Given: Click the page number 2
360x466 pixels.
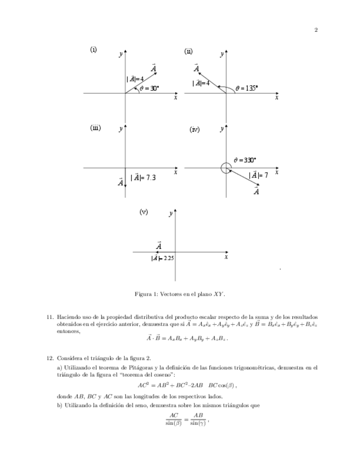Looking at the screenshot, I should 316,30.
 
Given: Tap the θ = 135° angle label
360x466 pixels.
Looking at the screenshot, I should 247,87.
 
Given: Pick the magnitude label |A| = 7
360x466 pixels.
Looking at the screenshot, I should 258,175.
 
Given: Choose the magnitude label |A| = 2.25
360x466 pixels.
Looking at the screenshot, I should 163,258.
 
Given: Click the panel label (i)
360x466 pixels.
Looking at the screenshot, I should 93,49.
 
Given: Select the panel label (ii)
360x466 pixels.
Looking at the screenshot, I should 189,51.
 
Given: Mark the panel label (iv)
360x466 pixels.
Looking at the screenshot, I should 195,130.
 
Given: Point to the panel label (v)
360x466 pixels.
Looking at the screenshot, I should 144,212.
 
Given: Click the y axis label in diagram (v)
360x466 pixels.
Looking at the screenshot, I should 171,213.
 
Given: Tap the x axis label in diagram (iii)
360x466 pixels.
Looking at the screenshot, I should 175,173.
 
